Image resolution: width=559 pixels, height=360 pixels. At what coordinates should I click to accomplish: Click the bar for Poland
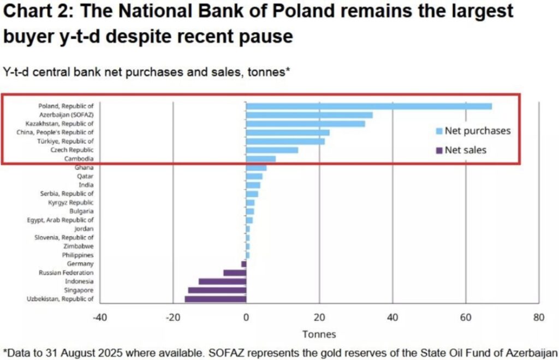pos(368,106)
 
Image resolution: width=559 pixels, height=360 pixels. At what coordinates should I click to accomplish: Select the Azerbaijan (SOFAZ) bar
pos(309,115)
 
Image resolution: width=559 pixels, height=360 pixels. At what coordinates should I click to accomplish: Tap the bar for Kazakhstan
pos(305,124)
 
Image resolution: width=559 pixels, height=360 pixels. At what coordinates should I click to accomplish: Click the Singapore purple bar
pos(217,290)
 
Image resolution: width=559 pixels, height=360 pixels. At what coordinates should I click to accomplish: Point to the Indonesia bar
pos(222,281)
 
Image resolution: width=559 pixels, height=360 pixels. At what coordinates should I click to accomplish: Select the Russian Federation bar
pos(235,273)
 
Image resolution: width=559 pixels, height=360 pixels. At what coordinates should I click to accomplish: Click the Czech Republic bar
pos(272,150)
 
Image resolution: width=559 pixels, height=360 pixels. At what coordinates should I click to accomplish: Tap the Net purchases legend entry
pos(477,131)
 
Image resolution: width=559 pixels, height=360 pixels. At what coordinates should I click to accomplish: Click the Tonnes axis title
pos(319,334)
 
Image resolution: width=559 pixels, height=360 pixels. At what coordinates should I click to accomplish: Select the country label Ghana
pos(84,167)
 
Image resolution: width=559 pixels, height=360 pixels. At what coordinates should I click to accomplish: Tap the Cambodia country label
pos(80,159)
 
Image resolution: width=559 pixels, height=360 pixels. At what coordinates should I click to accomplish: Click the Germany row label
pos(81,264)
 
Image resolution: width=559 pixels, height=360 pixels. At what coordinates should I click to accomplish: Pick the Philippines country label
pos(78,255)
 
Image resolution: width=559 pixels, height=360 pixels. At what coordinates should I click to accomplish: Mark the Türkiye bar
pos(285,141)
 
